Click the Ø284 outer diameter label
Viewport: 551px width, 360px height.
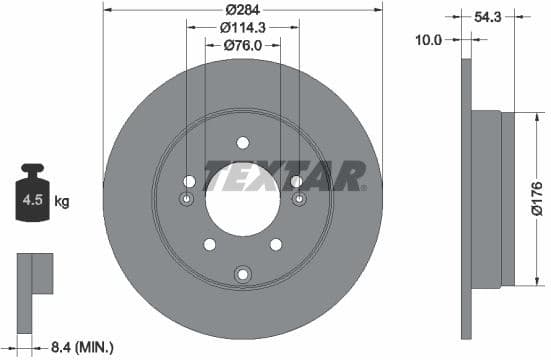[243, 10]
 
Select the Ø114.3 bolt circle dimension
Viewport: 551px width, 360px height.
[243, 27]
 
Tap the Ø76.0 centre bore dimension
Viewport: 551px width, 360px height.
[243, 44]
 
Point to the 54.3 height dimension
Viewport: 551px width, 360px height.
[489, 17]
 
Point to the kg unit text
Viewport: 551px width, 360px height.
[62, 202]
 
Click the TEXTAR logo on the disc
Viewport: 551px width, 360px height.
[283, 175]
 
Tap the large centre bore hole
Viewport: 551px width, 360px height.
[243, 194]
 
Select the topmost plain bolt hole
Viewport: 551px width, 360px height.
[243, 143]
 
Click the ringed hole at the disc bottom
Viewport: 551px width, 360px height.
[243, 274]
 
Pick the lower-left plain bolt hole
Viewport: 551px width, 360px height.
[208, 244]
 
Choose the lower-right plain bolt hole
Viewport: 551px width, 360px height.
[277, 244]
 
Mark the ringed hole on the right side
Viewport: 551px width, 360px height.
[298, 198]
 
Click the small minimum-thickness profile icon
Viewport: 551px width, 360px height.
[34, 275]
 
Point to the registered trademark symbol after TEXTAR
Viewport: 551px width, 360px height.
[365, 187]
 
